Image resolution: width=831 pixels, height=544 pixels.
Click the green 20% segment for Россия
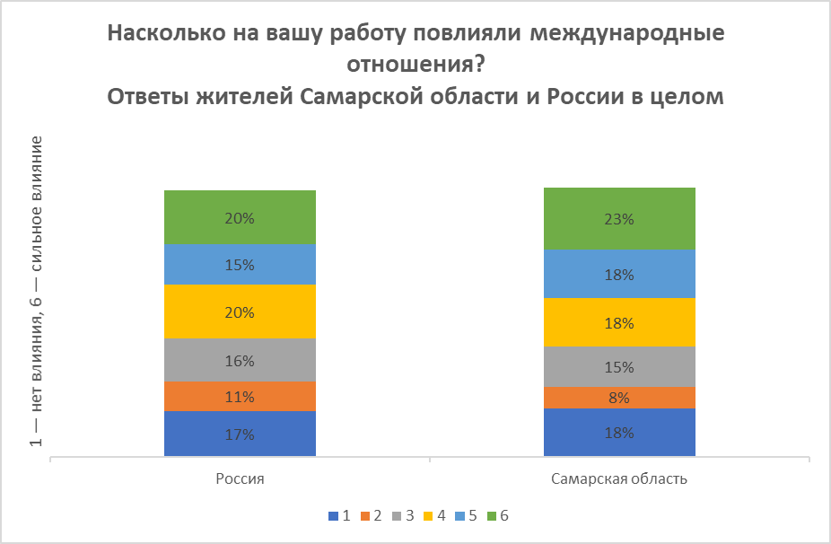coord(240,217)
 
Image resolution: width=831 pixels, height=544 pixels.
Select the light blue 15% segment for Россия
coord(240,265)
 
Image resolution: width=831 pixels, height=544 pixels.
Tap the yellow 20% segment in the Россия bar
coord(240,312)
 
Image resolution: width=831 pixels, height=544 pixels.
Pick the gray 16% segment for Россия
coord(240,361)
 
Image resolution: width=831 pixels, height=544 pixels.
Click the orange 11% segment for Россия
coord(240,397)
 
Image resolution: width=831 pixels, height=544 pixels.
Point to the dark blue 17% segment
coord(240,434)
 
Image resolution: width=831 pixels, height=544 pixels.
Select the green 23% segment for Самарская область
coord(619,218)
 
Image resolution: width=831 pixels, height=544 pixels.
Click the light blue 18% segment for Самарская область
coord(619,274)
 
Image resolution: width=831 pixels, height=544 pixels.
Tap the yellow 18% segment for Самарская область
coord(619,322)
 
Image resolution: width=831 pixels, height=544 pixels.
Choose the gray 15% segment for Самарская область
coord(619,367)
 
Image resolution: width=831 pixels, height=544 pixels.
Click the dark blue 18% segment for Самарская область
coord(619,433)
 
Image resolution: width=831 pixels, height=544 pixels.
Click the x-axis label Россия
coord(240,478)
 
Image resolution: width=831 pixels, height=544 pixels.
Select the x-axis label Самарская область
coord(619,478)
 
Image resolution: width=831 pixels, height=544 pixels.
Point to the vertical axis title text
coord(37,292)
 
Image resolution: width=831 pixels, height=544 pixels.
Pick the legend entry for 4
coord(434,516)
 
